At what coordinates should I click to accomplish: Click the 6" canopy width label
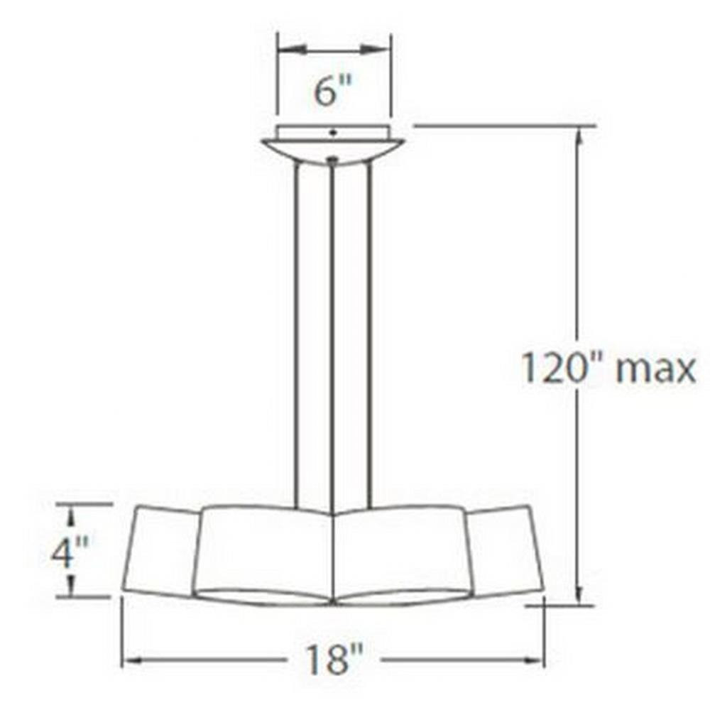332,91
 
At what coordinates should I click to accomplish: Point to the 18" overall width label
334,660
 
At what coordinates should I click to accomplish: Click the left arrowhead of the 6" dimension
293,48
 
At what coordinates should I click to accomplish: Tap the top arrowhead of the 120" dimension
578,140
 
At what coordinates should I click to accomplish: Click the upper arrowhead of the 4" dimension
70,517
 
